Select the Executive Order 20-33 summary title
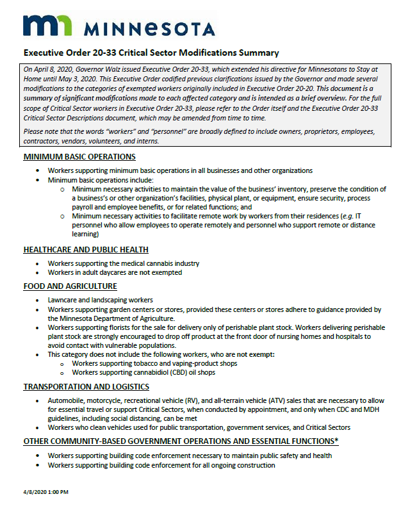[x=151, y=53]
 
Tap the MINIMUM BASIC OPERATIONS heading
[x=79, y=157]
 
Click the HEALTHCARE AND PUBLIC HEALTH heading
[x=86, y=249]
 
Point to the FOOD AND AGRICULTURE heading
[x=70, y=286]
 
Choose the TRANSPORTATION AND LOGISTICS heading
[x=86, y=386]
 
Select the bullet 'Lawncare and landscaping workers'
[x=101, y=300]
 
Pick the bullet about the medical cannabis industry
[x=124, y=263]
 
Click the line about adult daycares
[x=115, y=272]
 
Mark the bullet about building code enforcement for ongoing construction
[x=161, y=464]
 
